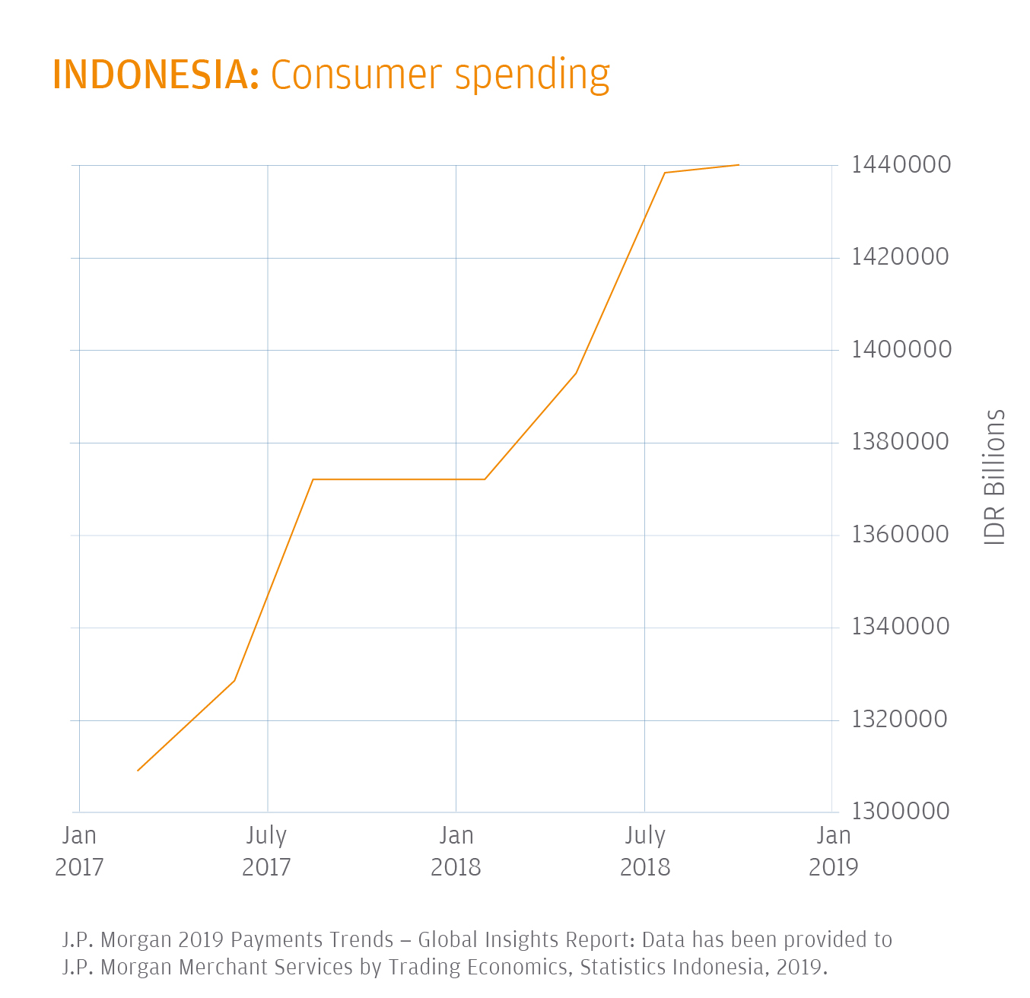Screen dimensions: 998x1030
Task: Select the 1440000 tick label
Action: pyautogui.click(x=901, y=164)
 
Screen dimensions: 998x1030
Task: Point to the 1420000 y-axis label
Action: pyautogui.click(x=901, y=257)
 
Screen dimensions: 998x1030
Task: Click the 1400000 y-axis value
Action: pyautogui.click(x=901, y=350)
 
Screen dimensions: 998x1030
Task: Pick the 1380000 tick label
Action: pyautogui.click(x=901, y=442)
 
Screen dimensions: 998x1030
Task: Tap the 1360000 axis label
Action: pyautogui.click(x=901, y=535)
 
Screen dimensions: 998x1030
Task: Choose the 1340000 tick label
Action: pyautogui.click(x=901, y=627)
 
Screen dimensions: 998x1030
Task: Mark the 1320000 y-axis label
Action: pyautogui.click(x=901, y=720)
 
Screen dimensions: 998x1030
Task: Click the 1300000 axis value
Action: pyautogui.click(x=901, y=812)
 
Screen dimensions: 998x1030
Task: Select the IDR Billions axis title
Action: pyautogui.click(x=994, y=477)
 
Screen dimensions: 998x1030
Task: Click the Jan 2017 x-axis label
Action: pyautogui.click(x=79, y=851)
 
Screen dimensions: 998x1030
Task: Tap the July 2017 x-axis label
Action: pyautogui.click(x=266, y=851)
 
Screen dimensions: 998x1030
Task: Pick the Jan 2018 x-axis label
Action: pyautogui.click(x=456, y=851)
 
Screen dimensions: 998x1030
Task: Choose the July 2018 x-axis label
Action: pyautogui.click(x=645, y=851)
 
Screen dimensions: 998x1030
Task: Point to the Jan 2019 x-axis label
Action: pyautogui.click(x=833, y=851)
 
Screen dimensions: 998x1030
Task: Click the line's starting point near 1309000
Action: pyautogui.click(x=138, y=771)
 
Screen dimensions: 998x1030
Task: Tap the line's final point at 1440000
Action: pyautogui.click(x=739, y=165)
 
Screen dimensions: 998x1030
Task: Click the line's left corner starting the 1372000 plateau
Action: pyautogui.click(x=313, y=479)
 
